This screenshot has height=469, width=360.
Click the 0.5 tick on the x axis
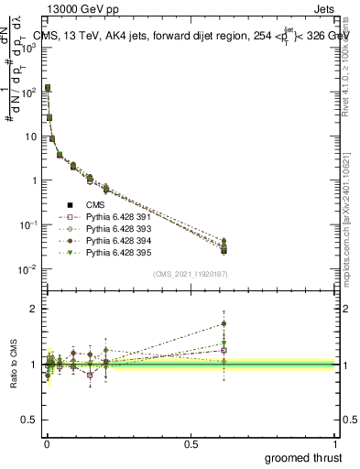pyautogui.click(x=191, y=444)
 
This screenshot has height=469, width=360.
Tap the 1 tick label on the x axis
pyautogui.click(x=334, y=444)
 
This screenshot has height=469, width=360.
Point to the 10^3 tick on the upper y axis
pyautogui.click(x=33, y=48)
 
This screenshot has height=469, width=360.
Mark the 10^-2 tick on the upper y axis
pyautogui.click(x=31, y=268)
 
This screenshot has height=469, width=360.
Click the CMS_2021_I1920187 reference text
pyautogui.click(x=190, y=274)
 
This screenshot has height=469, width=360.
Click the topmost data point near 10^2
pyautogui.click(x=48, y=88)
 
